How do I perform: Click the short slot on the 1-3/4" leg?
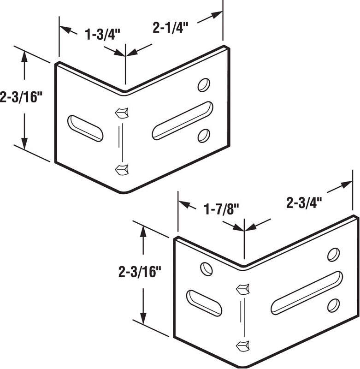tap(85, 128)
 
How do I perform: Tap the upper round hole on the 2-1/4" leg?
tap(203, 84)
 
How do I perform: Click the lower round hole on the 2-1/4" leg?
tap(203, 135)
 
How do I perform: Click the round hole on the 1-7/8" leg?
tap(207, 268)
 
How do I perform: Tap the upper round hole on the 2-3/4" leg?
tap(332, 255)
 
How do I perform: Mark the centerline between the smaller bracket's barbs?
tap(121, 141)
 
